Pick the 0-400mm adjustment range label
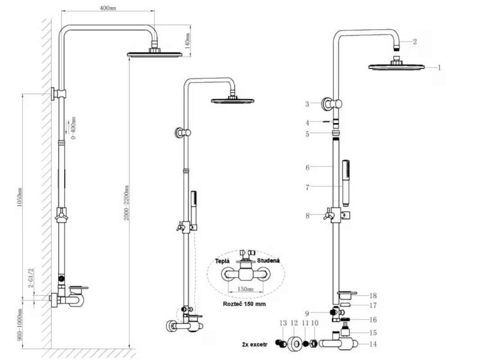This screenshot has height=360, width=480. click(73, 127)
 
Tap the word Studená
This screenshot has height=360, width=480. click(268, 260)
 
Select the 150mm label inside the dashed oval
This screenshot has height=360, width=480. click(245, 289)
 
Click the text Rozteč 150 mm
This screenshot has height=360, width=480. click(244, 304)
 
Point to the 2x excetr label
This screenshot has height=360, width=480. click(255, 344)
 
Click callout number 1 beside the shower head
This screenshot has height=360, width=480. click(439, 67)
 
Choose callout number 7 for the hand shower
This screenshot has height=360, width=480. click(307, 187)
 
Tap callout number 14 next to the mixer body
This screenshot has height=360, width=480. click(373, 344)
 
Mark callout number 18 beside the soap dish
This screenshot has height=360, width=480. click(373, 296)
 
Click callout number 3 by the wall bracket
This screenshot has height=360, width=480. click(307, 104)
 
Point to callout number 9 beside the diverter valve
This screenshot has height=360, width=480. click(307, 313)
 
